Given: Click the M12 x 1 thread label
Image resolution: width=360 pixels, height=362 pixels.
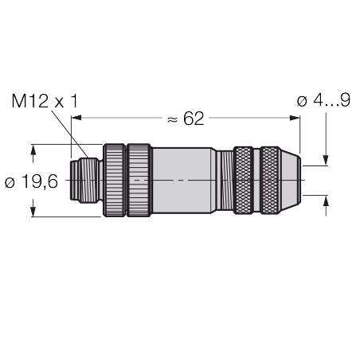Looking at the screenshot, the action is tap(45, 101).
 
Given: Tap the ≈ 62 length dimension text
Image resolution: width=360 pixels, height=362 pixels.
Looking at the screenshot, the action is tap(186, 119).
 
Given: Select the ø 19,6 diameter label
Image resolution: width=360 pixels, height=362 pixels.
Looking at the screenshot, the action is tap(31, 181).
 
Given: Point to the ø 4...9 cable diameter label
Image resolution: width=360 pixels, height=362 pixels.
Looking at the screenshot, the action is tap(323, 100).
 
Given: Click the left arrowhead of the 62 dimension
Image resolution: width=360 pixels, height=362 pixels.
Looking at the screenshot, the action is tap(76, 118).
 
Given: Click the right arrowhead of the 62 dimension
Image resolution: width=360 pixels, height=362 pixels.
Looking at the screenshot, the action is tap(295, 118).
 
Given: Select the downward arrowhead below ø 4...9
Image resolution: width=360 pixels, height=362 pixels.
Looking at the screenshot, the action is tap(326, 161).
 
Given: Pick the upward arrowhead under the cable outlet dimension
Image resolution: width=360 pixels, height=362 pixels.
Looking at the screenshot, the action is tap(326, 200).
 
